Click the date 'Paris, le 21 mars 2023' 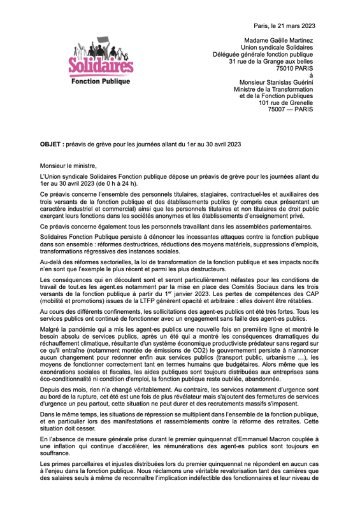(284, 25)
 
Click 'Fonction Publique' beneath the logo (101, 82)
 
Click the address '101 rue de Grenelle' (285, 102)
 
